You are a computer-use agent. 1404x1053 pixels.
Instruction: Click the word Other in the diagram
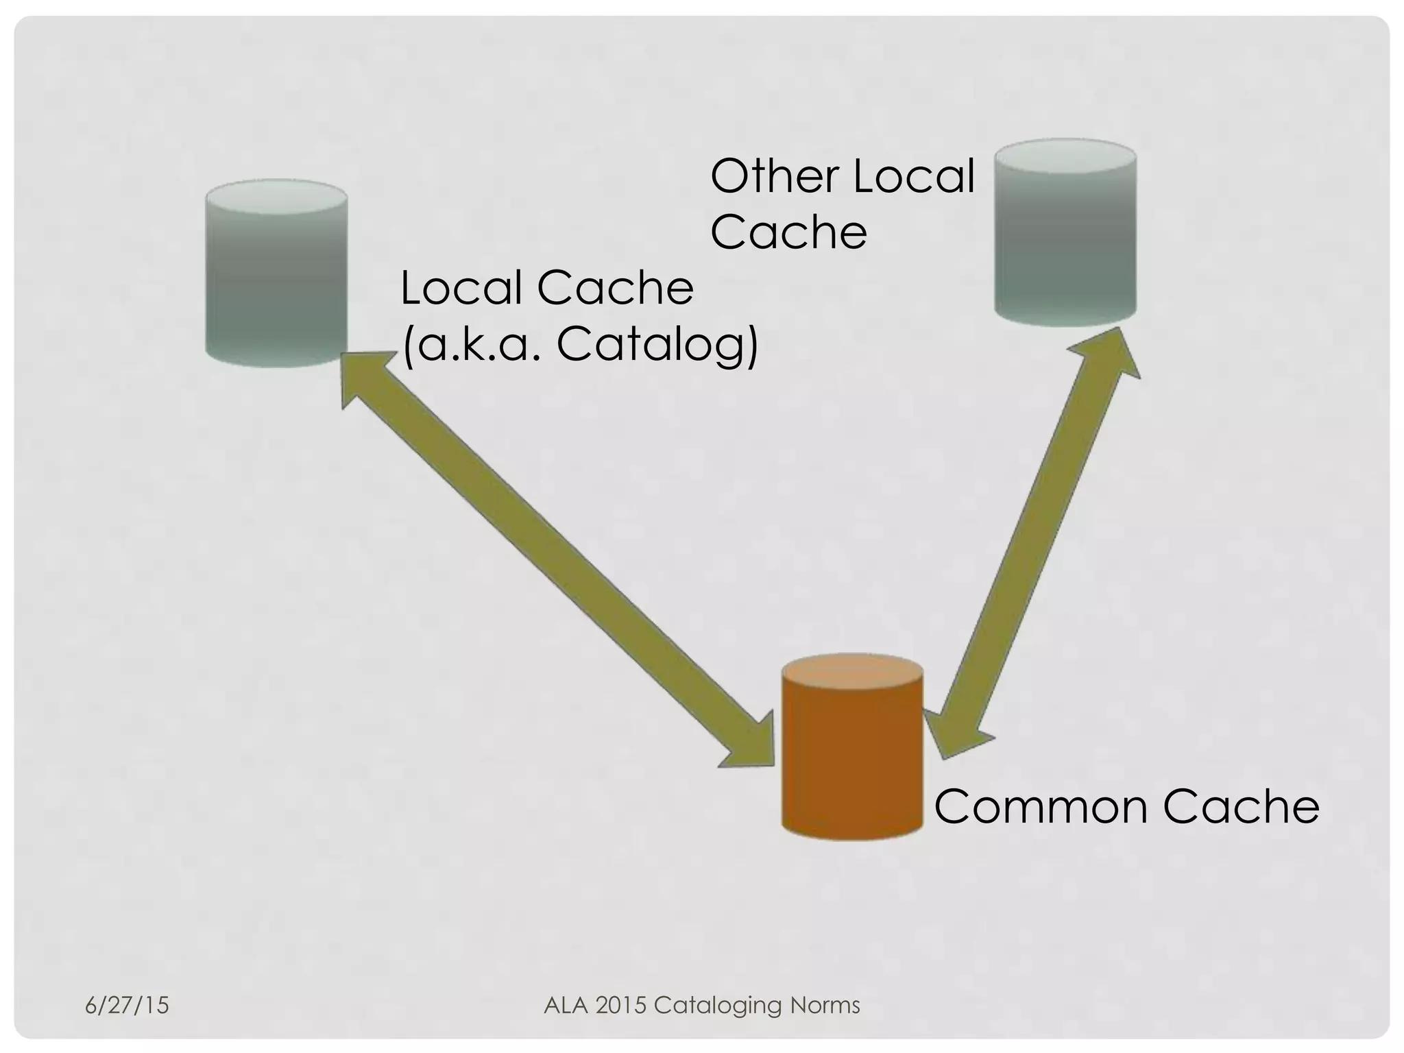pos(775,176)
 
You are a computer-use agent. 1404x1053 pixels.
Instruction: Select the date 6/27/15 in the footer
pos(127,1005)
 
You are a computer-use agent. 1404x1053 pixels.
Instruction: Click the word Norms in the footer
pos(825,1005)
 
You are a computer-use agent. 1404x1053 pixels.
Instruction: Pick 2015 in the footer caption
pos(621,1005)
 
